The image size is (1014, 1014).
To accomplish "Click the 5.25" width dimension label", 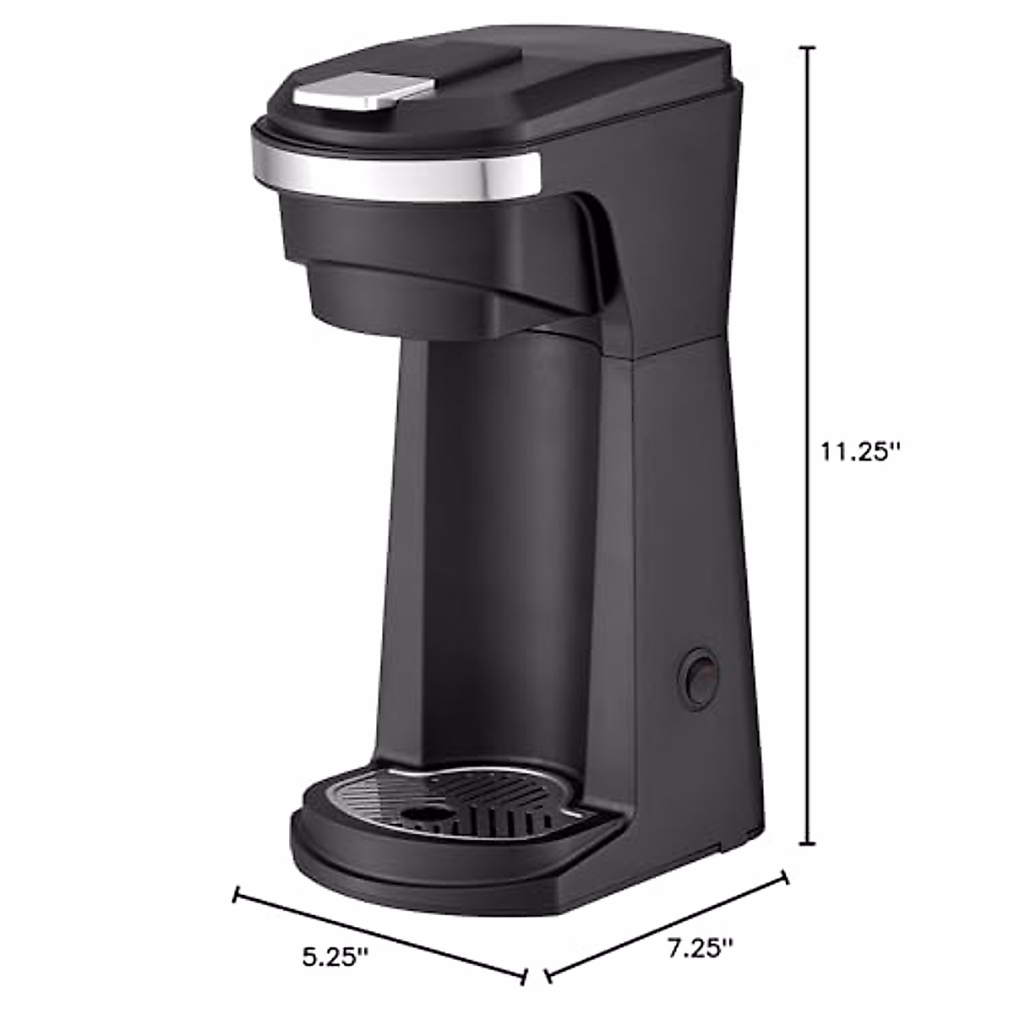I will tap(335, 957).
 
